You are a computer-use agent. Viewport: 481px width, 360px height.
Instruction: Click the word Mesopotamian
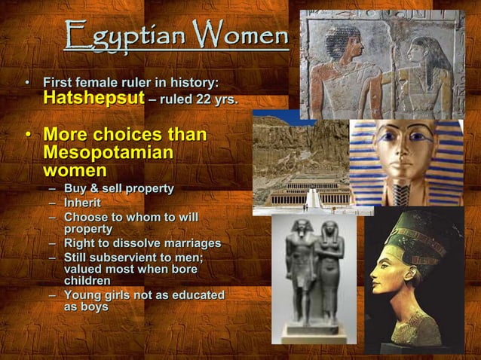[108, 153]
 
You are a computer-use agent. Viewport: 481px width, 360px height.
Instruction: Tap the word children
[87, 280]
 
